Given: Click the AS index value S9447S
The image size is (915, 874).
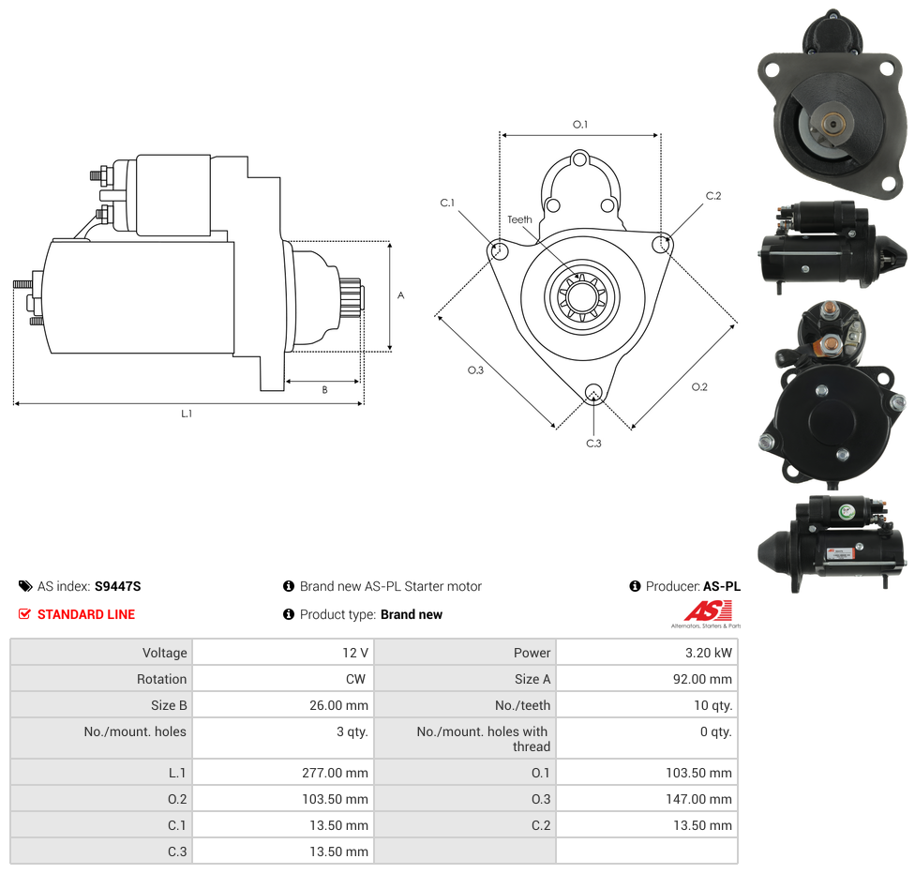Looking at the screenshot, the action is coord(118,586).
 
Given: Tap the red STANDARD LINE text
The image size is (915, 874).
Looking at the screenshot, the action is coord(86,614).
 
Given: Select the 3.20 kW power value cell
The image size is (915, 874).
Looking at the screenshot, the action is coord(647,652).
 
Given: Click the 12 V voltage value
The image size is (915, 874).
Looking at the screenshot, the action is coord(354,653).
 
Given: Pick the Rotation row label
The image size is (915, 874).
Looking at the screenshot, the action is coord(161,679).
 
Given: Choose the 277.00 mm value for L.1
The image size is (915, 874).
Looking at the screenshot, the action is coord(335,773).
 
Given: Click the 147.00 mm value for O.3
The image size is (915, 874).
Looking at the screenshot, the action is coord(698,799).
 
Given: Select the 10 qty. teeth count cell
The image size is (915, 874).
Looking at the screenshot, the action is coord(647,705).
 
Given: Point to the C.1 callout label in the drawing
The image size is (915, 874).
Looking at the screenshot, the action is coord(447,203).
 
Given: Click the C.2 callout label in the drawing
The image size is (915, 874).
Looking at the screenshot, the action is coord(713,196).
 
